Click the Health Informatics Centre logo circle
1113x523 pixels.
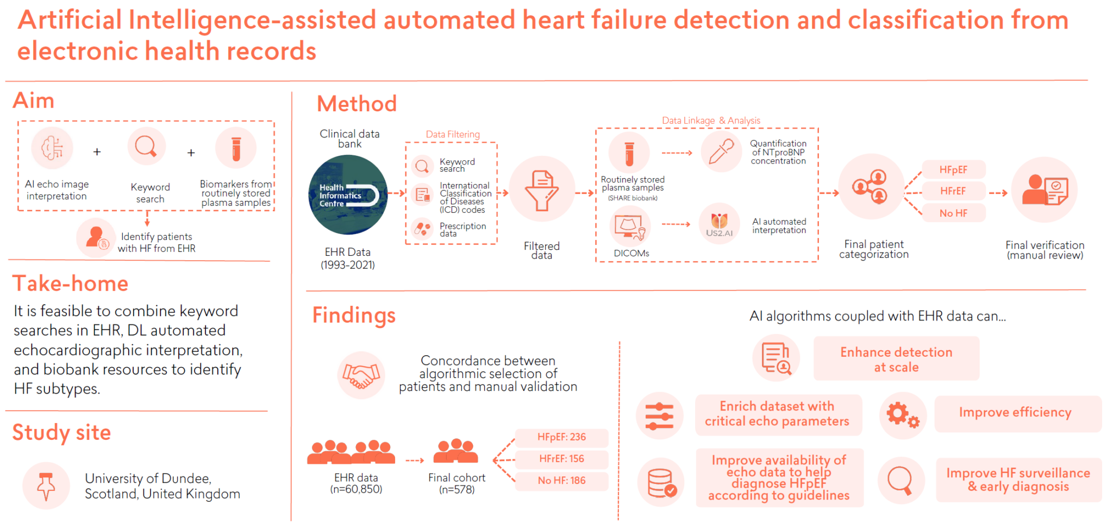click(x=348, y=195)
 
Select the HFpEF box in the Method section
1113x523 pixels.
click(x=953, y=169)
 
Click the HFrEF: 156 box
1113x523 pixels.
click(x=561, y=459)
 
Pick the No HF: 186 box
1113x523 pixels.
click(x=561, y=481)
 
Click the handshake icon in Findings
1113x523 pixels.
click(x=361, y=375)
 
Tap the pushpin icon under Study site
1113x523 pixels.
click(x=46, y=486)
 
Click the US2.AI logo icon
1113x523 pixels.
click(x=719, y=224)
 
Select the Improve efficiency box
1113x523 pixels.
click(x=1015, y=413)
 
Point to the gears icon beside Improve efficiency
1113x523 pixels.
click(x=903, y=415)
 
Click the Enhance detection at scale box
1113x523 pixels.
click(x=896, y=360)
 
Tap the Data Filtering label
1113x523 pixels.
click(x=452, y=134)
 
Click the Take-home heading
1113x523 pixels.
click(x=71, y=283)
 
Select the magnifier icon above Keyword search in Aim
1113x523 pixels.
click(x=146, y=147)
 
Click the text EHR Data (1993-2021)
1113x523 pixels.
click(x=347, y=259)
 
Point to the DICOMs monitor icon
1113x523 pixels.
click(x=629, y=228)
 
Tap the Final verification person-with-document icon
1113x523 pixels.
click(x=1044, y=190)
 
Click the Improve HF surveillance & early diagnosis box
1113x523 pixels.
click(x=1018, y=480)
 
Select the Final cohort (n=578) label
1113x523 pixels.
click(x=457, y=483)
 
